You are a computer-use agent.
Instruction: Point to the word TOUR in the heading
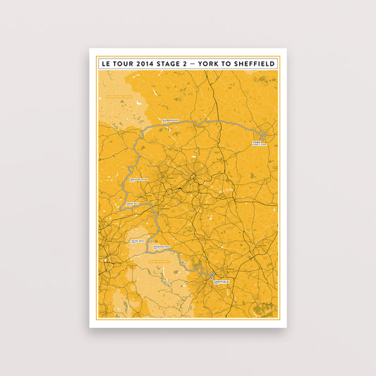pos(121,63)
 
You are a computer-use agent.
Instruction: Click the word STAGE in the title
pos(166,63)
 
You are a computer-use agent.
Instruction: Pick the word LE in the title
pos(105,63)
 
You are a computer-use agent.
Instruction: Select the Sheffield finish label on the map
pos(219,281)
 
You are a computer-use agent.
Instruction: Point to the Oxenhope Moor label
pos(138,181)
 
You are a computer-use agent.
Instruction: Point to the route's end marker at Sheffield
pos(212,276)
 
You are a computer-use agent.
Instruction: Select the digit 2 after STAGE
pos(183,63)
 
